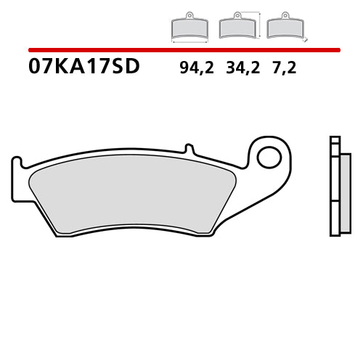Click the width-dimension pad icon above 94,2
click(188, 27)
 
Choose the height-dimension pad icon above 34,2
click(236, 27)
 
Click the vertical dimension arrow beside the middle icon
click(258, 24)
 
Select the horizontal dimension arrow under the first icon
click(188, 41)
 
